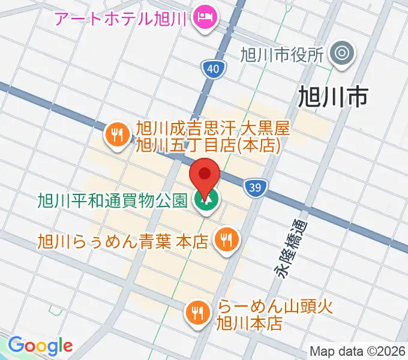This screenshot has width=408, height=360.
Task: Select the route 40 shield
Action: tap(213, 70)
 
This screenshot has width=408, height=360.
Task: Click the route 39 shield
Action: tap(255, 188)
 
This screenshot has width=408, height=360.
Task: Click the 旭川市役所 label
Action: tap(282, 56)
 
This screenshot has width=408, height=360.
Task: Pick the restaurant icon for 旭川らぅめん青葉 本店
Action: tap(227, 241)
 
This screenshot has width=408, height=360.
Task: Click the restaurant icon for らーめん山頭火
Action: tap(197, 311)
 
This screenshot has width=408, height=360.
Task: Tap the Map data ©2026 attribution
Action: tap(358, 351)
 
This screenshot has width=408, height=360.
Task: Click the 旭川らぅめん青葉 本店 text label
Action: tap(122, 241)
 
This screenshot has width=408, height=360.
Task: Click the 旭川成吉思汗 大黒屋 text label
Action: tap(212, 136)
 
